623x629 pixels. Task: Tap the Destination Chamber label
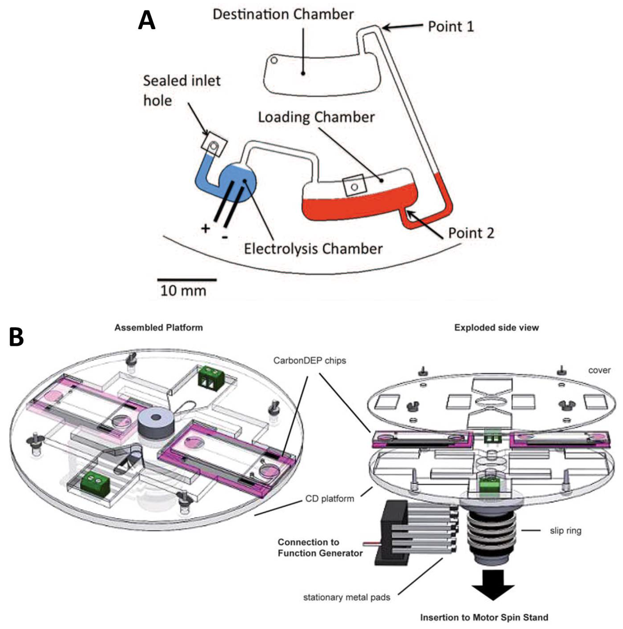pyautogui.click(x=283, y=14)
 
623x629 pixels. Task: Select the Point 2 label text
pyautogui.click(x=471, y=233)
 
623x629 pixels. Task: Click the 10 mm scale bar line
pyautogui.click(x=187, y=279)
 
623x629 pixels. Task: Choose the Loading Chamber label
pyautogui.click(x=316, y=117)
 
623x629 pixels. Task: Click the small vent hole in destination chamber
pyautogui.click(x=274, y=60)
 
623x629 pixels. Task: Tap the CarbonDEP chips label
pyautogui.click(x=309, y=361)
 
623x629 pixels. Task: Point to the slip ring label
pyautogui.click(x=565, y=531)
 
